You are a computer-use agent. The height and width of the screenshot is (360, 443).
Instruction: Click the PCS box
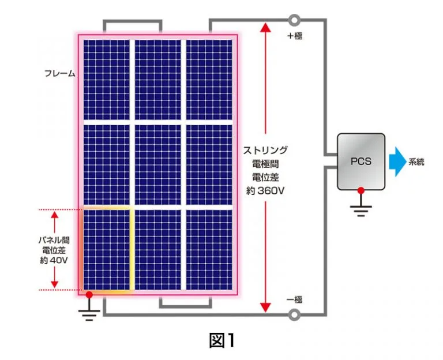click(x=361, y=162)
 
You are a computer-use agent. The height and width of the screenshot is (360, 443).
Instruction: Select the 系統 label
click(x=416, y=162)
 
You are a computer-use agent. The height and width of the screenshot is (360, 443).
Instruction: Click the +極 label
click(x=295, y=36)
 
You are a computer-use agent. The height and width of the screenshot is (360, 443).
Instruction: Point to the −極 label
click(x=295, y=299)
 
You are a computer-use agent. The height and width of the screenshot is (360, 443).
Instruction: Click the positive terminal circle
click(x=295, y=21)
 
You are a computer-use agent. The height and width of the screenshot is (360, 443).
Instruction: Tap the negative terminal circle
click(x=295, y=314)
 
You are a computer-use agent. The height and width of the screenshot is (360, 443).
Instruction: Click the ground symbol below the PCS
click(x=361, y=210)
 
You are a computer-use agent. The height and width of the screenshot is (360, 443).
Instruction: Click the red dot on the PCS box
click(x=361, y=190)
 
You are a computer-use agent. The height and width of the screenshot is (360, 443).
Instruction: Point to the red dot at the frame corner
click(x=89, y=295)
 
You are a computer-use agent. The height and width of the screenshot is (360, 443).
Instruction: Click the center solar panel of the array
click(x=157, y=164)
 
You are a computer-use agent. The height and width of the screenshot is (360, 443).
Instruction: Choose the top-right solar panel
click(x=209, y=79)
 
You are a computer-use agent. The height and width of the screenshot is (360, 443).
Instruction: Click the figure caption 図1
click(x=221, y=340)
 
